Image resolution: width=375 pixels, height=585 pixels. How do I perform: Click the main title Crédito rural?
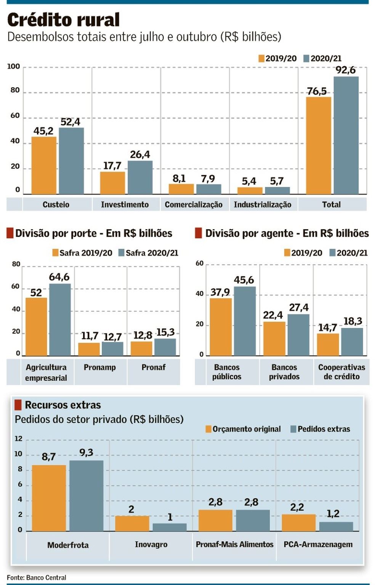point(63,20)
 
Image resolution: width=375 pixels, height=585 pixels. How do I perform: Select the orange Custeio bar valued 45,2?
point(44,166)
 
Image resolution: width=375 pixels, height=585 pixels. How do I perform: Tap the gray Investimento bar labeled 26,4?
point(140,177)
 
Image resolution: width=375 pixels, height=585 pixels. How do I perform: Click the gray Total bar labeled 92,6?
point(346,135)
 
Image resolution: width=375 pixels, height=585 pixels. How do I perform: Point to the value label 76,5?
point(317,91)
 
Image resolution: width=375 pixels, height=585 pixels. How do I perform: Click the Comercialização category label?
point(194,205)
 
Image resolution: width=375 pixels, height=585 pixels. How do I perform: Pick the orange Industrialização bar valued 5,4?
point(250,191)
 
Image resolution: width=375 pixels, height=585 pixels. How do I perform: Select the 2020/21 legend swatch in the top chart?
point(306,59)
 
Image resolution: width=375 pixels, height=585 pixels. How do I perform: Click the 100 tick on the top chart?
point(13,67)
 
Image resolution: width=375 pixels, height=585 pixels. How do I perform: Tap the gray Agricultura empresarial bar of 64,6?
point(60,320)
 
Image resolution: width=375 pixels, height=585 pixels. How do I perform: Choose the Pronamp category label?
point(100,367)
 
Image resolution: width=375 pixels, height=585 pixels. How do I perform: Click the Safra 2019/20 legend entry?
point(82,253)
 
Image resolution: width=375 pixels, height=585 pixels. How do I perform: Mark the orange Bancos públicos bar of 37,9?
point(221,327)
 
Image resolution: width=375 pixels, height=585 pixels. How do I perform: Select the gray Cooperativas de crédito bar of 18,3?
point(352,341)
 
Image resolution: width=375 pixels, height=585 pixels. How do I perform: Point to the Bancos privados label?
point(284,372)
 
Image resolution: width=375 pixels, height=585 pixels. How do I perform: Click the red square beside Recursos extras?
point(18,405)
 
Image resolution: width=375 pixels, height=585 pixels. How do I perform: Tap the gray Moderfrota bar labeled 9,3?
point(86,496)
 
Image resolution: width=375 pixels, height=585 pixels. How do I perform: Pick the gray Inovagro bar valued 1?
point(170,527)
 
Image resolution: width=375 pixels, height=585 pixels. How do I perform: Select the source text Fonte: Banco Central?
point(37,577)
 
